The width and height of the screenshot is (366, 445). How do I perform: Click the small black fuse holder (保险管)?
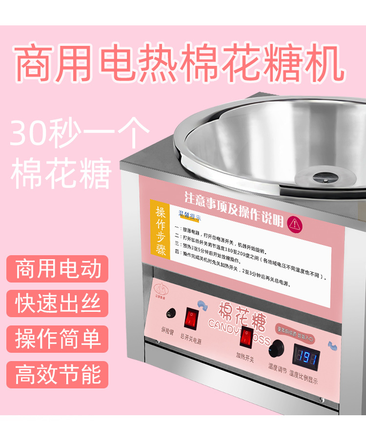170,312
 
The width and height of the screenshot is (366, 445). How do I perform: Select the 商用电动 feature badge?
58,269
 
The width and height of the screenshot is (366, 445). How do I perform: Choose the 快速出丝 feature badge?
58,303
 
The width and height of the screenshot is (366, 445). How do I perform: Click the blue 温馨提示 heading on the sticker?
190,214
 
